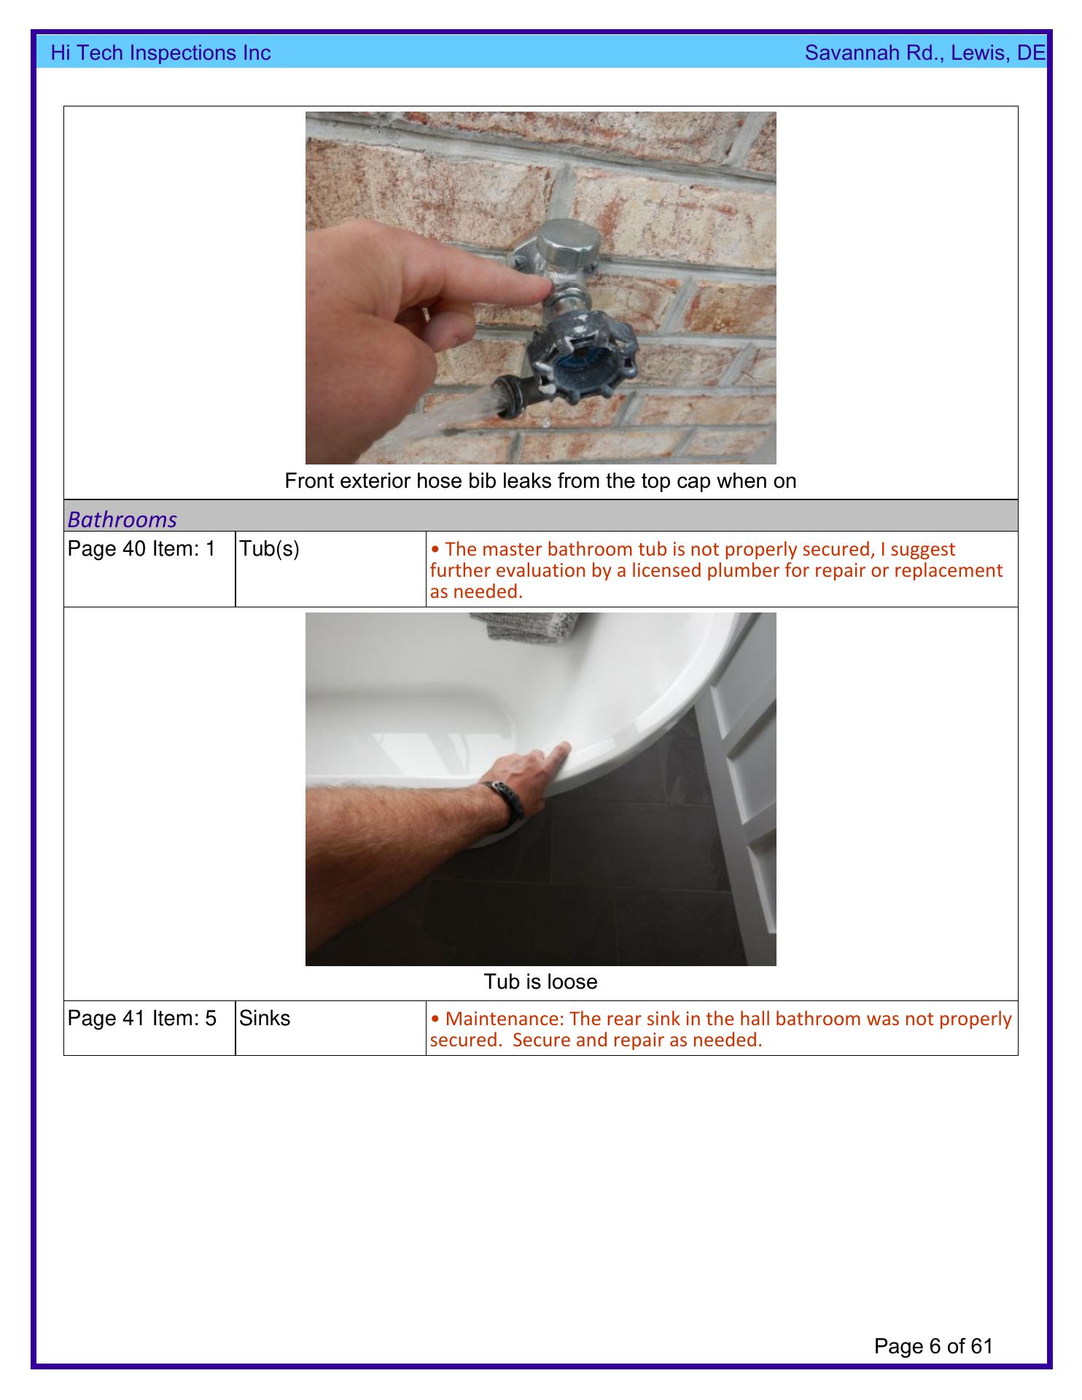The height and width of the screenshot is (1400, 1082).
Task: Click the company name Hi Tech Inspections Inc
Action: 160,52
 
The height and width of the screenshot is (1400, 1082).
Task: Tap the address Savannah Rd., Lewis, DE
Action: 925,52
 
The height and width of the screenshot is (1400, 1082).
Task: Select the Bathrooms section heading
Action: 122,519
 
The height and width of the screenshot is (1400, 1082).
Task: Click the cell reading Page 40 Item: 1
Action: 141,548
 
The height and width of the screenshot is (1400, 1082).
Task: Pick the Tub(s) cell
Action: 269,549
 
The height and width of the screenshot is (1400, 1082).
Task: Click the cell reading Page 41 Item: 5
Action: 141,1018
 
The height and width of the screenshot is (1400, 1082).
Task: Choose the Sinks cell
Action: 264,1018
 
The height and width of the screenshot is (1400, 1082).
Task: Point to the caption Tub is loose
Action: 540,981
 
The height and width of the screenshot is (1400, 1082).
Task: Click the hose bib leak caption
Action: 540,481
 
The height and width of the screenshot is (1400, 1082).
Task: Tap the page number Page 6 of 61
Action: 933,1346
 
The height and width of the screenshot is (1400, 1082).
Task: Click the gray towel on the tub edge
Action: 525,626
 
